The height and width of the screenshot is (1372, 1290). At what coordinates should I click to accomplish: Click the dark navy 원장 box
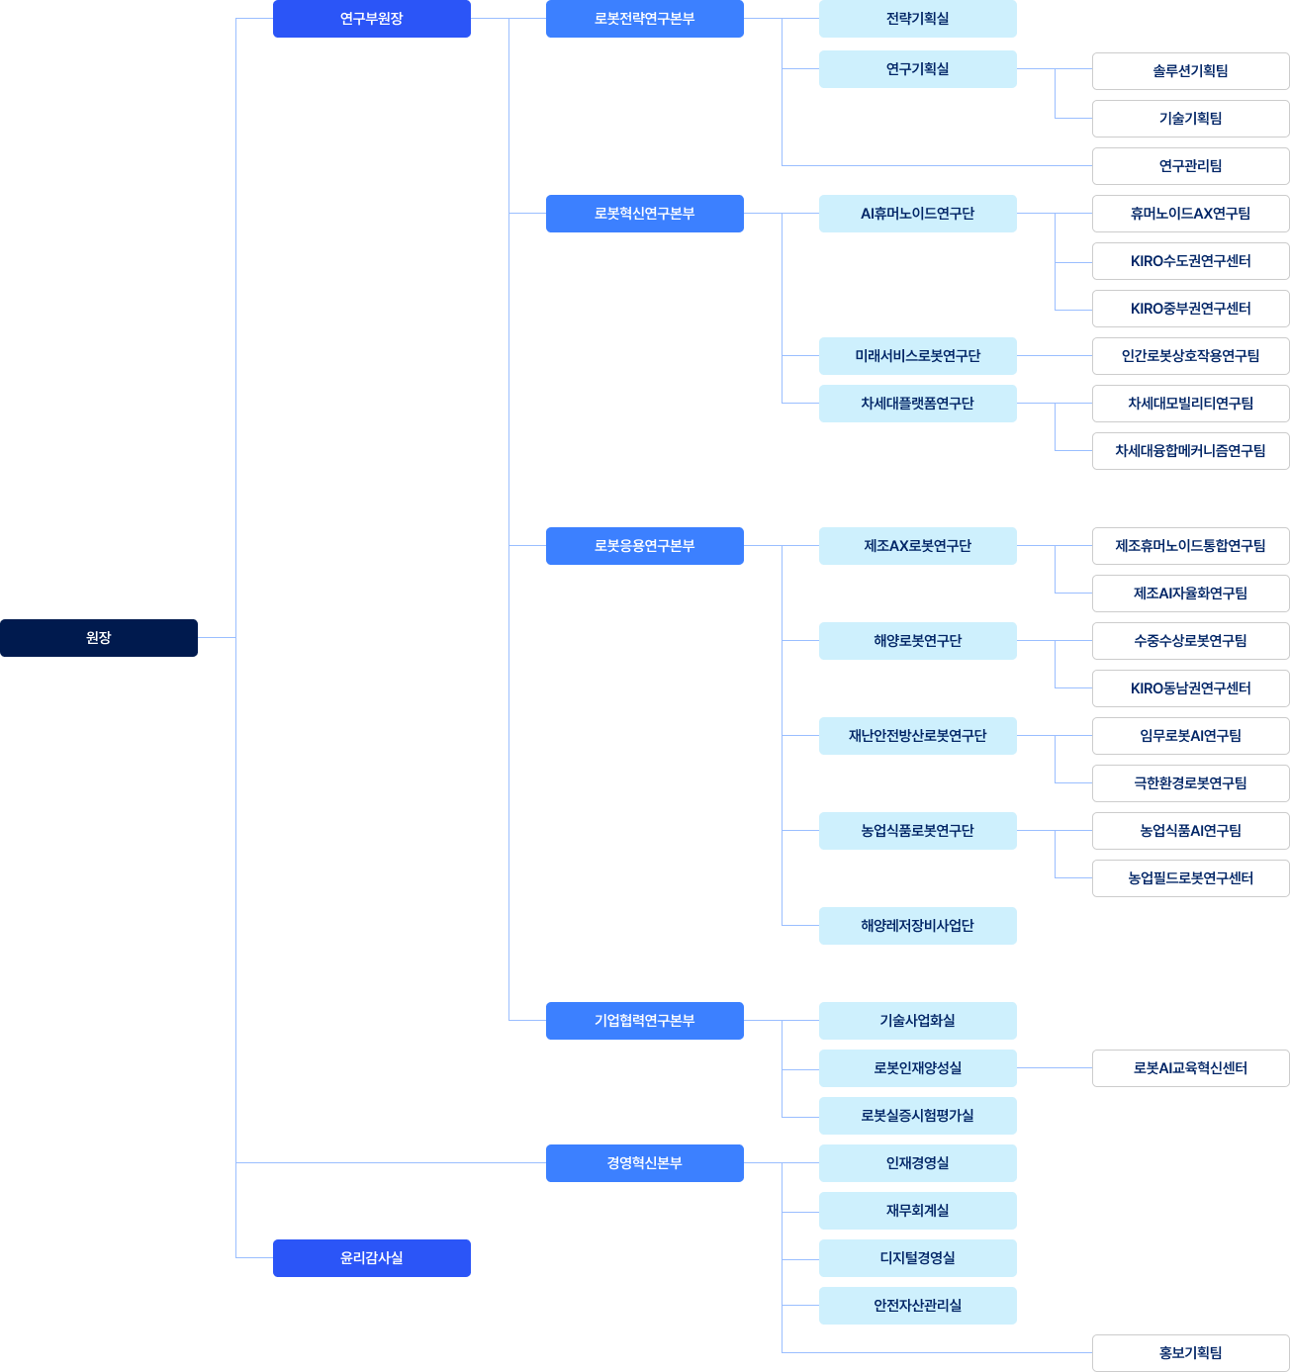coord(99,638)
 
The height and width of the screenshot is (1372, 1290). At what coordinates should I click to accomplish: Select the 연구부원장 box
coord(372,19)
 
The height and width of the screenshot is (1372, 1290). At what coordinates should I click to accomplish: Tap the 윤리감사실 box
coord(372,1257)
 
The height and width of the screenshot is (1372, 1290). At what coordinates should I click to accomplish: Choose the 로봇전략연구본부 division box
coord(645,19)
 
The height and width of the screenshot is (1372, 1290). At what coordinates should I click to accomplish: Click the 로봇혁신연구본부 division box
coord(645,214)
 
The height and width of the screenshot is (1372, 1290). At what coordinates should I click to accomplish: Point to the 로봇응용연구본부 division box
coord(645,546)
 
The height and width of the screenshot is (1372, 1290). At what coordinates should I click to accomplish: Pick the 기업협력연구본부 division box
coord(645,1021)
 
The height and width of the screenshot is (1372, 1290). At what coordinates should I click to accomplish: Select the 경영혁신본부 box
coord(645,1162)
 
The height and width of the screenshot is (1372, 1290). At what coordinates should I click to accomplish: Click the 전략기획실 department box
coord(918,19)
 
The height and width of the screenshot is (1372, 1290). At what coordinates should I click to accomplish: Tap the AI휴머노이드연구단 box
coord(918,214)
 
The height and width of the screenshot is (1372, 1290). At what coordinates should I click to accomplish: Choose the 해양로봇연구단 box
coord(918,640)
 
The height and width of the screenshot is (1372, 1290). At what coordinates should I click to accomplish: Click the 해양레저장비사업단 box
coord(918,925)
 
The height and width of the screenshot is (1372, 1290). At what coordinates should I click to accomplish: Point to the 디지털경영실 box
coord(918,1257)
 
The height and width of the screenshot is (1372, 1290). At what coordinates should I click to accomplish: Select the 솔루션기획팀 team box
coord(1190,71)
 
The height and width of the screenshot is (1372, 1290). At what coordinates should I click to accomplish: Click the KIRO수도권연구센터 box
coord(1190,261)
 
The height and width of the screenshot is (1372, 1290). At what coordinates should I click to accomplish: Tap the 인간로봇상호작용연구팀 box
coord(1190,356)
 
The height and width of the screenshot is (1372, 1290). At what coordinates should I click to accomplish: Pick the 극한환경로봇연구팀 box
coord(1190,782)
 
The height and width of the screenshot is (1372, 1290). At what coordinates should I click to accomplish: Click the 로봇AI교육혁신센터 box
coord(1190,1068)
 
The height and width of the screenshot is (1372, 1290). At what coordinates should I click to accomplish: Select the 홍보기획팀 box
coord(1190,1352)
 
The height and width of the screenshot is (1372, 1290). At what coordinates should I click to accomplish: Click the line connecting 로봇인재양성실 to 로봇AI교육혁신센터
coord(1055,1068)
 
